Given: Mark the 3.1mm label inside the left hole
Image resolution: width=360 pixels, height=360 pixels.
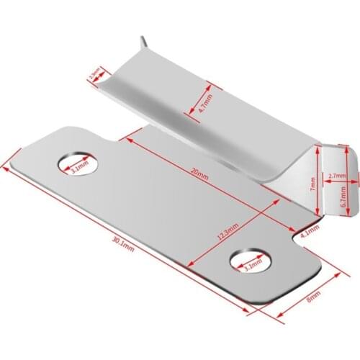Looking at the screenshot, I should tap(79, 168).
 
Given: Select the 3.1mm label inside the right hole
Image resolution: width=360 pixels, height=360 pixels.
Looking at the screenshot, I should tap(253, 266).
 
